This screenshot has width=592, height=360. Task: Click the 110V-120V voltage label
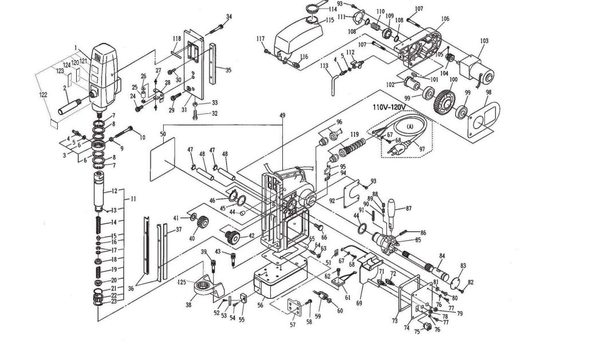390,107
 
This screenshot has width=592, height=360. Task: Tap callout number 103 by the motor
484,41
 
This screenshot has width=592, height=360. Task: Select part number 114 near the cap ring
332,9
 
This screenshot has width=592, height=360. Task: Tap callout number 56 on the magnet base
261,306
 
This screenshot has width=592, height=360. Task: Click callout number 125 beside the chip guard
181,282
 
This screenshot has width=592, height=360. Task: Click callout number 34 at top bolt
229,16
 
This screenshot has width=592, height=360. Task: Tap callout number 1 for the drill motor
75,47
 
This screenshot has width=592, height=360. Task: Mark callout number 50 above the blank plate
163,134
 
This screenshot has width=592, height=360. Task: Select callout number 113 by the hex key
324,66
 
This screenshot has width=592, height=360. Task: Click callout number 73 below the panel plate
394,322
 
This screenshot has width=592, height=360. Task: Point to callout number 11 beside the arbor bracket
133,199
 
